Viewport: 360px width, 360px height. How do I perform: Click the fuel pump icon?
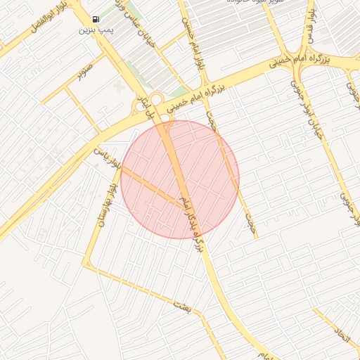tap(96, 20)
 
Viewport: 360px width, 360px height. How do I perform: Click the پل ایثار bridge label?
tap(143, 101)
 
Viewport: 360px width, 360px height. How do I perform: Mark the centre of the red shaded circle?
tap(180, 179)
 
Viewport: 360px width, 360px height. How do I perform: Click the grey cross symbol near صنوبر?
tap(117, 86)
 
